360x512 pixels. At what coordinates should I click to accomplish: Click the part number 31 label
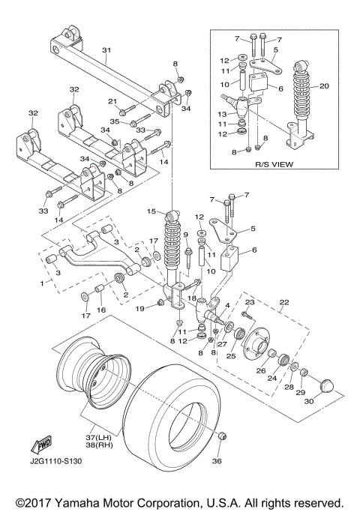point(106,50)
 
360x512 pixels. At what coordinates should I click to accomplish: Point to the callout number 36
point(217,461)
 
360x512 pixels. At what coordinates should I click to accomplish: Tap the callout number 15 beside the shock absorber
point(151,211)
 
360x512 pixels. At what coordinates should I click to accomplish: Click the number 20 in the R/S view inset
point(324,86)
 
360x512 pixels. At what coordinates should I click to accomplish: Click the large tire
point(176,416)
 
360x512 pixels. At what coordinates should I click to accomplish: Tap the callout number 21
point(112,101)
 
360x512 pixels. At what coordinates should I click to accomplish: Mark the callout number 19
point(139,308)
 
